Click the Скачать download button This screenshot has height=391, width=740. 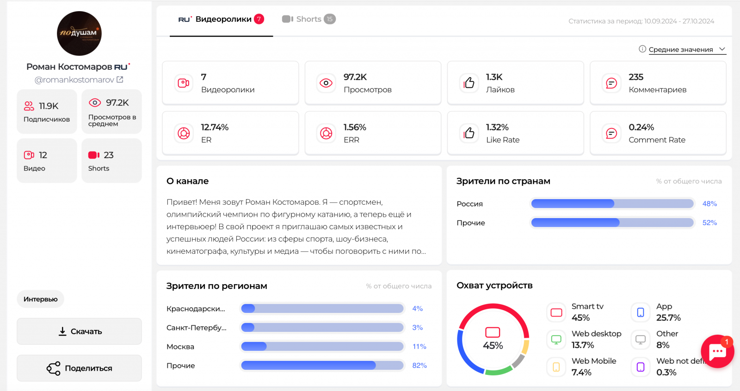80,331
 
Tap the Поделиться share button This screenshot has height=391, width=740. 80,368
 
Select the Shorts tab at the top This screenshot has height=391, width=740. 308,19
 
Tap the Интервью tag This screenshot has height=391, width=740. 41,299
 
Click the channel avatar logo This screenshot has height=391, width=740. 79,33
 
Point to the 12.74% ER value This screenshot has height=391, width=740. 215,127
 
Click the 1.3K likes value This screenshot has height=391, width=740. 494,77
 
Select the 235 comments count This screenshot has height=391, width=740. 636,77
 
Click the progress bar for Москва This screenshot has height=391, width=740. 322,347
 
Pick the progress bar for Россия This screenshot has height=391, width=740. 612,204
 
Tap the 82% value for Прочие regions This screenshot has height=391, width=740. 419,366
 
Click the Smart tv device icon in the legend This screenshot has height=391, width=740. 556,312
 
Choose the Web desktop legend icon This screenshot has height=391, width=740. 556,340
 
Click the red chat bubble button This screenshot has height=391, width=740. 717,352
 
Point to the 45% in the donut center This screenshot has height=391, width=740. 493,346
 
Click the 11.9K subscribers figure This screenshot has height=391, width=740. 49,106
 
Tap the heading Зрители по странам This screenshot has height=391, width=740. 503,181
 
